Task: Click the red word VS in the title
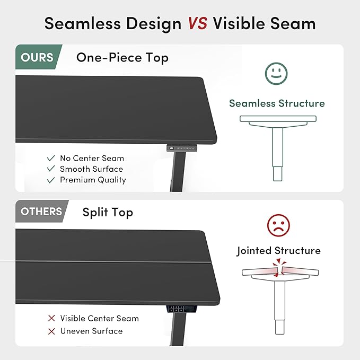click(x=198, y=23)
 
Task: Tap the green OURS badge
click(x=37, y=57)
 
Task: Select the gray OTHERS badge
click(x=41, y=211)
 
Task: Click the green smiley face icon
click(x=276, y=74)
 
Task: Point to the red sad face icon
click(x=278, y=225)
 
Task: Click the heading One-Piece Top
click(x=122, y=58)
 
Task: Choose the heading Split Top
click(x=108, y=213)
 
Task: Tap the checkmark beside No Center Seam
click(x=51, y=158)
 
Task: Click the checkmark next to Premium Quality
click(x=51, y=180)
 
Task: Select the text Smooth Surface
click(x=92, y=169)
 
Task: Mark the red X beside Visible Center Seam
click(x=51, y=318)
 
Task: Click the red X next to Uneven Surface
click(x=51, y=331)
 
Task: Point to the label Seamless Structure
click(x=277, y=103)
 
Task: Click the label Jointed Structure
click(x=279, y=251)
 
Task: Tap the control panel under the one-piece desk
click(x=182, y=148)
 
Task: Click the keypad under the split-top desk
click(x=181, y=309)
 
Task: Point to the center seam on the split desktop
click(x=113, y=262)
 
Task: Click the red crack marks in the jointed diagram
click(x=279, y=267)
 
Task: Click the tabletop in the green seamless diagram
click(x=278, y=119)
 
